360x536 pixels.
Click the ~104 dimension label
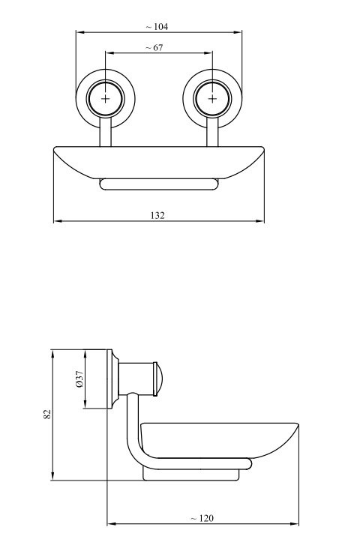coord(157,26)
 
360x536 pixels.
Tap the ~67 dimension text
coord(154,47)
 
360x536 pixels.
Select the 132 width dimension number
coord(157,215)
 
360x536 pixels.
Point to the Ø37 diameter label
coord(79,379)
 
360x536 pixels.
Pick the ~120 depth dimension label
coord(202,518)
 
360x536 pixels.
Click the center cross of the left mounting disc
coord(105,99)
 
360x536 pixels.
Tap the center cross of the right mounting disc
coord(212,99)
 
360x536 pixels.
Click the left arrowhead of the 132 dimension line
coord(58,221)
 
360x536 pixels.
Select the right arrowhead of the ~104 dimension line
coord(238,32)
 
